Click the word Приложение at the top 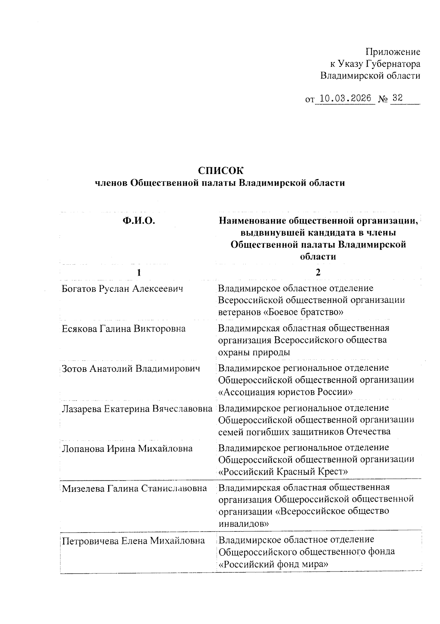pos(393,52)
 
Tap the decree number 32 pos(397,98)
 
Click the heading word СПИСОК pos(220,171)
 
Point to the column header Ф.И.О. pos(139,221)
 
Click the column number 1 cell pos(139,272)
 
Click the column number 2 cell pos(318,272)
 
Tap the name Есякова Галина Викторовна pos(124,329)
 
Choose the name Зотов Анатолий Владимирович pos(131,369)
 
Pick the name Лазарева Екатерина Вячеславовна pos(137,409)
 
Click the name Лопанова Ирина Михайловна pos(127,449)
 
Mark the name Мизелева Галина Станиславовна pos(134,489)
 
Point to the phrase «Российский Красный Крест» pos(283,471)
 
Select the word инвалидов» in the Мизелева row pos(243,524)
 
